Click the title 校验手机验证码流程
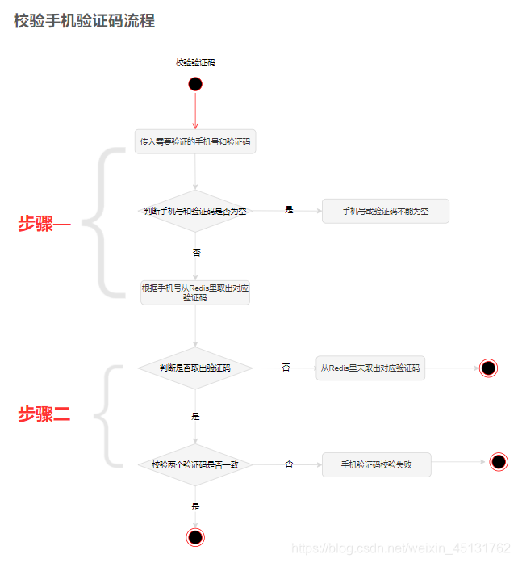(84, 21)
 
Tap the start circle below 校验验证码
(195, 84)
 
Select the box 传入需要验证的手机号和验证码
(195, 141)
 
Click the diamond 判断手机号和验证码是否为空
(195, 211)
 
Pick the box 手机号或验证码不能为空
(385, 211)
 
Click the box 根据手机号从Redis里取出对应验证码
(195, 292)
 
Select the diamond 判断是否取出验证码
(195, 368)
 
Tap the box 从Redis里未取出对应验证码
(370, 368)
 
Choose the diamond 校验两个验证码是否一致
(195, 464)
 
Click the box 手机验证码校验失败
(376, 464)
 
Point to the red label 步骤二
(45, 415)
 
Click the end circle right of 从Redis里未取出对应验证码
(488, 368)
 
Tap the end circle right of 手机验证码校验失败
(499, 462)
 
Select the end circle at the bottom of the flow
(195, 537)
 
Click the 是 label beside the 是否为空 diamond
(289, 210)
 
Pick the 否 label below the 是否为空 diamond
(196, 252)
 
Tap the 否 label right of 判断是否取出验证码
(286, 368)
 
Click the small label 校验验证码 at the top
(195, 62)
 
